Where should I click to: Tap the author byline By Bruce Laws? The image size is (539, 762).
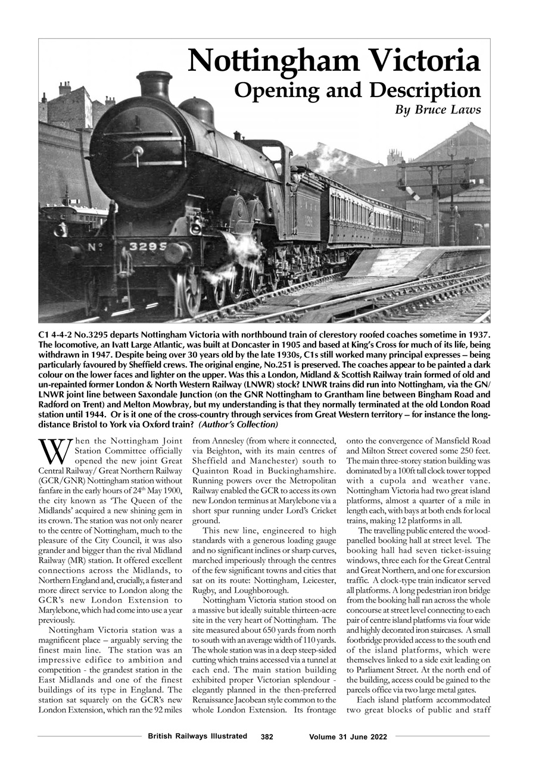click(x=438, y=110)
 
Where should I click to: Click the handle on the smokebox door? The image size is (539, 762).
click(x=139, y=154)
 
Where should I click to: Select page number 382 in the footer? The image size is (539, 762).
click(x=267, y=737)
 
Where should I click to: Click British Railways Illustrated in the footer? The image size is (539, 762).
click(x=197, y=736)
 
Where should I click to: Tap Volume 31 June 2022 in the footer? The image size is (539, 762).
click(x=348, y=737)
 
